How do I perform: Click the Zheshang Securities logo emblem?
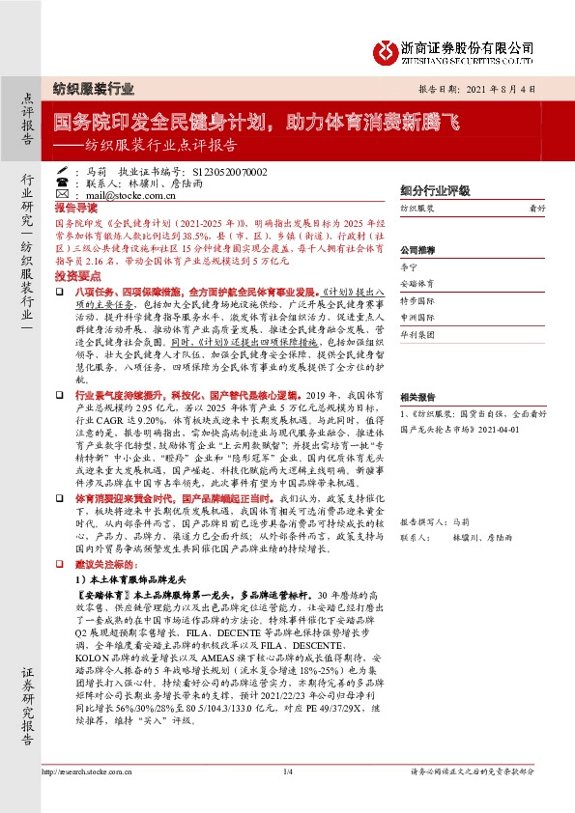388,47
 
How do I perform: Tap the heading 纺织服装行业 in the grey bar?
92,87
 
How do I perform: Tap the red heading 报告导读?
75,208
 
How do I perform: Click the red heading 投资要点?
75,274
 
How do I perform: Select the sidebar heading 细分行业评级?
435,190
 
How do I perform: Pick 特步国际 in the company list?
417,299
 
